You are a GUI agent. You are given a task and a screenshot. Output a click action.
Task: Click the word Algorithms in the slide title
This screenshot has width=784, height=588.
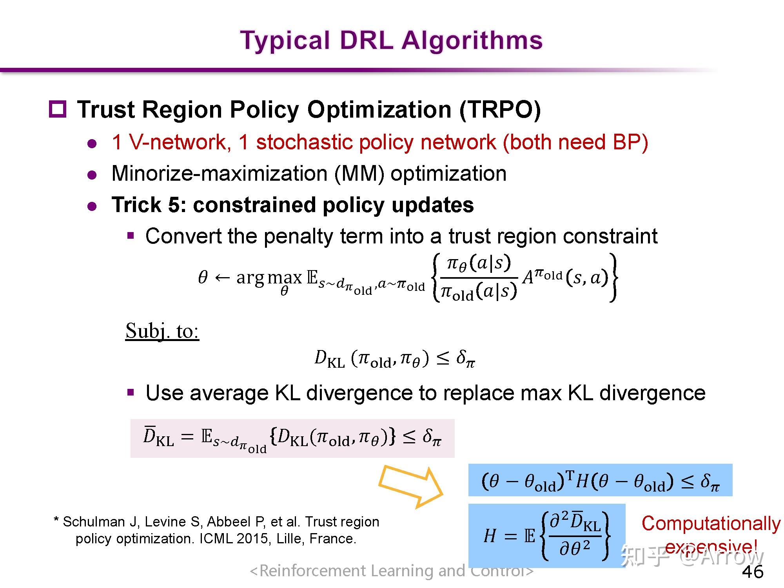(472, 41)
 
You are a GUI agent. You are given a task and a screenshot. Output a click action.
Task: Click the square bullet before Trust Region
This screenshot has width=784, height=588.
(58, 109)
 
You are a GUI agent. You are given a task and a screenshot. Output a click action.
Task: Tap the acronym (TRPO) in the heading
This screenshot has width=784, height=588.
(500, 109)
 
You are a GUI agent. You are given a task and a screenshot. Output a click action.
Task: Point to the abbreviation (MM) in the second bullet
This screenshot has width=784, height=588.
(359, 174)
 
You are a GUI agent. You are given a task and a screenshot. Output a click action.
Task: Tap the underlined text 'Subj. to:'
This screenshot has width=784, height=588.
(162, 331)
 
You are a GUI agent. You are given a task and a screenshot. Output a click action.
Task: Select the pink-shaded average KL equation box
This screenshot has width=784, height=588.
(292, 438)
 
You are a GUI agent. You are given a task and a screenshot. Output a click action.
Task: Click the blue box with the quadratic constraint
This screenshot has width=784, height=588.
(600, 480)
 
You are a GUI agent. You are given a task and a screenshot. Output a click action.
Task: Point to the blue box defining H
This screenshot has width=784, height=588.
(547, 535)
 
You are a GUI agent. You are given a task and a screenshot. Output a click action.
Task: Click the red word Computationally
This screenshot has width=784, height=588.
(711, 524)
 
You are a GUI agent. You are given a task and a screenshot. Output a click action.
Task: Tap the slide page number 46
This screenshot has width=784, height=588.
(753, 572)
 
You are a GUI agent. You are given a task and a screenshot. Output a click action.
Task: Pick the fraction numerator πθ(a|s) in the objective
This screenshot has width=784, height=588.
(479, 263)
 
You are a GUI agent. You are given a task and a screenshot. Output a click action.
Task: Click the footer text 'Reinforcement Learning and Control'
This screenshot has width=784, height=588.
(392, 571)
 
